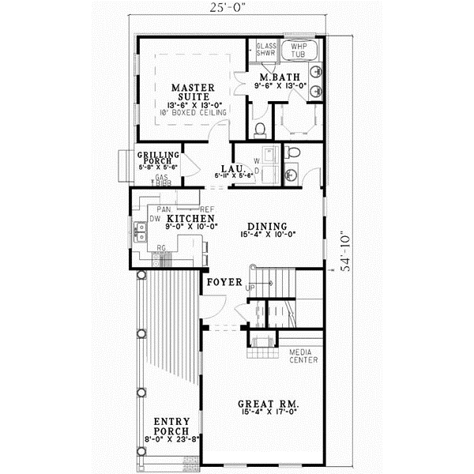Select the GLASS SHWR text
[x=266, y=51]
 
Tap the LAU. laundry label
[x=230, y=168]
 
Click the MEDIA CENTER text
[x=303, y=355]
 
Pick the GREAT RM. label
[x=264, y=404]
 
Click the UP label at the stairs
[x=251, y=288]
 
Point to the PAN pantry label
[x=164, y=209]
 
